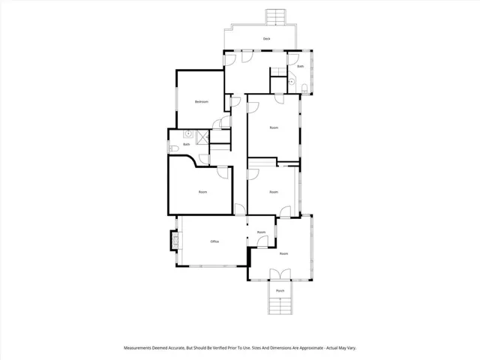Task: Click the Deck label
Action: click(x=266, y=38)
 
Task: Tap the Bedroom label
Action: click(x=201, y=101)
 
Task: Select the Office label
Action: click(x=214, y=241)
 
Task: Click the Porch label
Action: click(x=280, y=290)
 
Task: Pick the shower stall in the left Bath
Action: click(x=202, y=136)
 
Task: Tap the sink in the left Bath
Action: click(x=187, y=135)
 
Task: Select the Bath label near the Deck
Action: click(x=300, y=67)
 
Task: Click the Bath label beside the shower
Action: click(x=186, y=144)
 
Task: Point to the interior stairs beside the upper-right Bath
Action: click(x=277, y=70)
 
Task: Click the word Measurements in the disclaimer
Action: click(x=140, y=348)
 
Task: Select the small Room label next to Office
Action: click(x=261, y=232)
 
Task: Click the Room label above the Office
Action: click(x=202, y=192)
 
